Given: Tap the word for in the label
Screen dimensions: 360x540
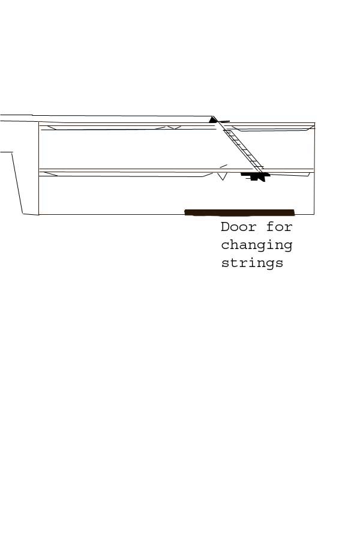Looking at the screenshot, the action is point(280,227).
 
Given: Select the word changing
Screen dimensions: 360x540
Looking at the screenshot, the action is point(257,246).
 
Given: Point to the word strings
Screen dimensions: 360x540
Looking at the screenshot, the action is point(252,263).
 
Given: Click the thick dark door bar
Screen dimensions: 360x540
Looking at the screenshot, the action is point(240,212).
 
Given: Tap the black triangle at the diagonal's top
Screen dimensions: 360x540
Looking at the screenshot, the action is point(213,120).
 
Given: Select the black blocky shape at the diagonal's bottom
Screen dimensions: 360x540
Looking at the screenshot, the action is point(256,176).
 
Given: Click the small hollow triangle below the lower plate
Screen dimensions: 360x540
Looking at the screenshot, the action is point(223,176).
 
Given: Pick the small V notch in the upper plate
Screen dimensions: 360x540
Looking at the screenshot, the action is point(175,128).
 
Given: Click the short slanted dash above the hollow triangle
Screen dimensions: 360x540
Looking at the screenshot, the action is point(224,166).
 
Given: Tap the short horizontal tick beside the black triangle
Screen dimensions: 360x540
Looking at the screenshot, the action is point(224,121).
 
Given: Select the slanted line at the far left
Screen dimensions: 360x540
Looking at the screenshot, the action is point(17,183).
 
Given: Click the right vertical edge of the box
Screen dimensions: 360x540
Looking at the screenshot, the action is point(314,169).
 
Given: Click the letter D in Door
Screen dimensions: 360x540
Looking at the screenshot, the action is point(226,227).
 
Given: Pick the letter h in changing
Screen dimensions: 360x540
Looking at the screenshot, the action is point(234,245).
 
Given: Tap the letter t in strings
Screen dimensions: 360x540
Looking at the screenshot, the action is point(234,263).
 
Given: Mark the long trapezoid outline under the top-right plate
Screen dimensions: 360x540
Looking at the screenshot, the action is point(273,128).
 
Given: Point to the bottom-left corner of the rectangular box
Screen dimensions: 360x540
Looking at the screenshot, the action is point(39,215).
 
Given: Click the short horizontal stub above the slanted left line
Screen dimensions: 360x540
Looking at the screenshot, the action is point(6,152).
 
